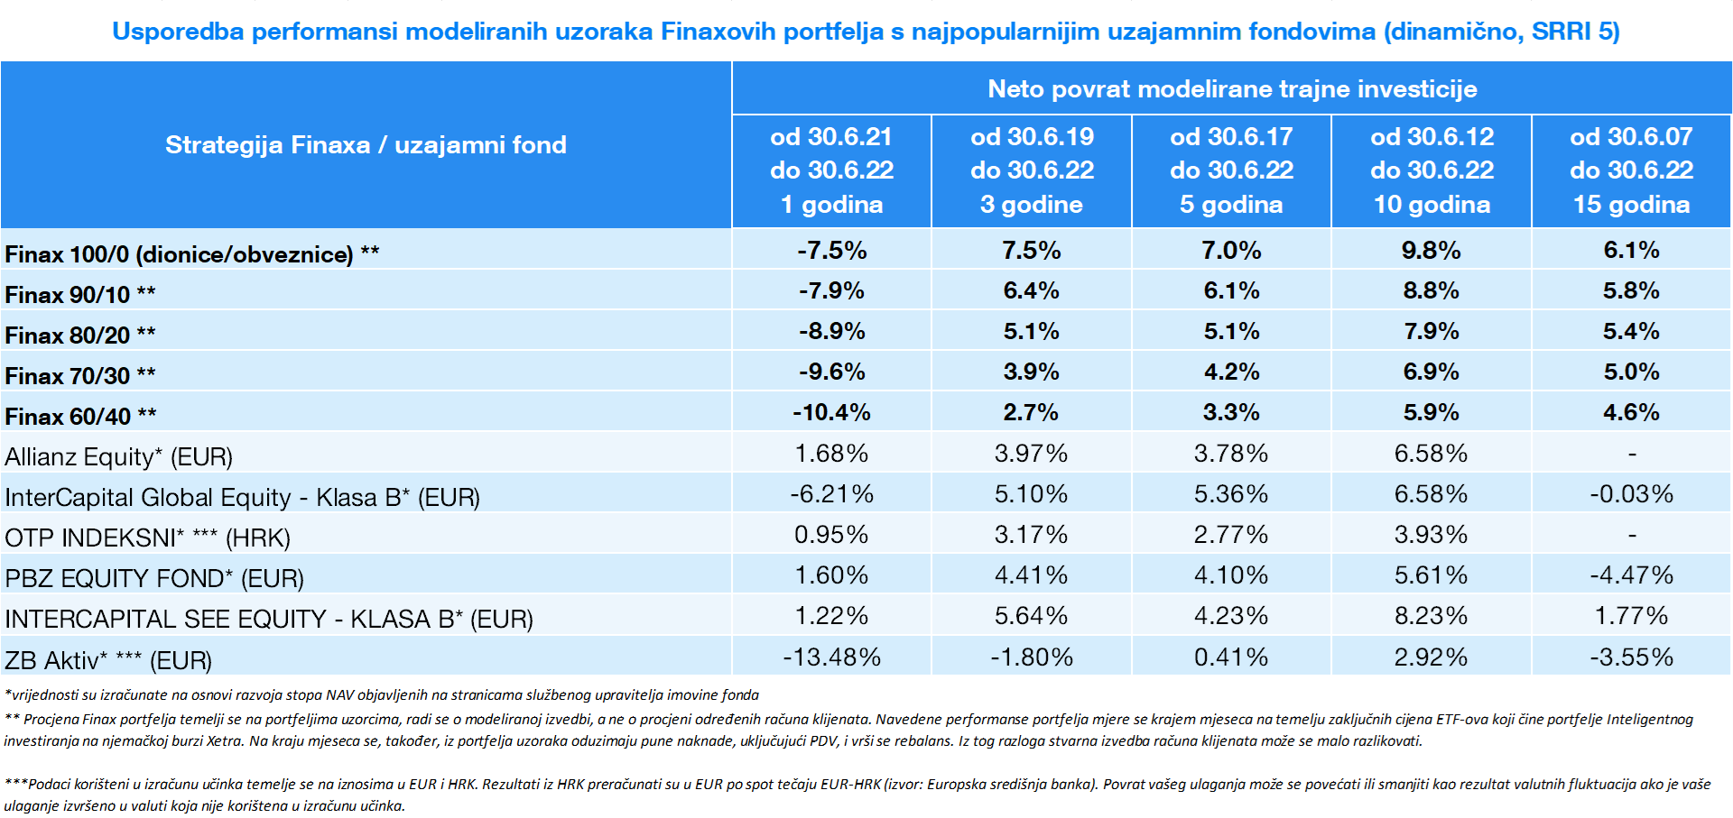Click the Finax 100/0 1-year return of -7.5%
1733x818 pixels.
(831, 251)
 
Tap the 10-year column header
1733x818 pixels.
(1432, 170)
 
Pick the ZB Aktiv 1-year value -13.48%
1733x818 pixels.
(831, 657)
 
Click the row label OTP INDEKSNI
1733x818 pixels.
(147, 538)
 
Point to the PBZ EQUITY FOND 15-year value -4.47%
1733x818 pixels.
(1631, 575)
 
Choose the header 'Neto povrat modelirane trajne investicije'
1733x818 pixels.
(1232, 89)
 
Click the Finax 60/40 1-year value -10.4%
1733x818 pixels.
(831, 413)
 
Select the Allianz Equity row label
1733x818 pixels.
(118, 457)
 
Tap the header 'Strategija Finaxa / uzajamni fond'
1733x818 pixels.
(366, 145)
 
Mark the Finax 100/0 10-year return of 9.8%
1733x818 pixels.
(1432, 251)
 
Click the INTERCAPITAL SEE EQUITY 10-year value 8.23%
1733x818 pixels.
(1432, 616)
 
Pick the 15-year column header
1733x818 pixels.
(1631, 170)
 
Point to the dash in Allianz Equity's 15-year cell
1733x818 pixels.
(1632, 454)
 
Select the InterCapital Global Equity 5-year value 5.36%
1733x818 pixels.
(1231, 494)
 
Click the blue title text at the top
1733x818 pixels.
(866, 32)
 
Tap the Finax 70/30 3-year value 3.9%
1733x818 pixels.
(1032, 372)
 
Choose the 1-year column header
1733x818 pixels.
(831, 170)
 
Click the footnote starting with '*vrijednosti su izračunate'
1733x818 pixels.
(382, 695)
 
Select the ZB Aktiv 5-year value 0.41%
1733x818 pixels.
(1231, 657)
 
